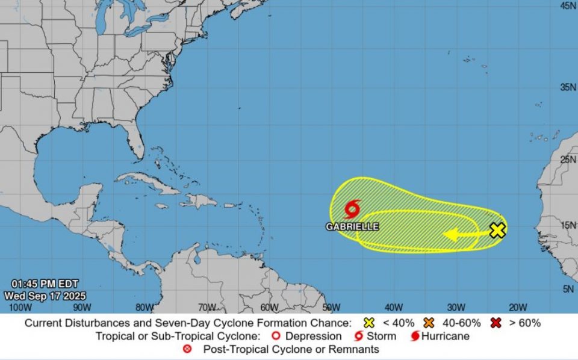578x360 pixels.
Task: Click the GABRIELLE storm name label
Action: click(x=352, y=226)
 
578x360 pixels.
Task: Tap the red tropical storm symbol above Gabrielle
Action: click(x=352, y=209)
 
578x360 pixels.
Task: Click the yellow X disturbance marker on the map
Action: click(x=497, y=230)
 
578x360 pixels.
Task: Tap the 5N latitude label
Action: click(x=568, y=289)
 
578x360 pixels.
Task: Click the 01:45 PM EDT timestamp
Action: click(x=45, y=284)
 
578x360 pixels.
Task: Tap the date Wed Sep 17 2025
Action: click(x=45, y=296)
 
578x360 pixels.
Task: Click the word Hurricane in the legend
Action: click(x=446, y=336)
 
